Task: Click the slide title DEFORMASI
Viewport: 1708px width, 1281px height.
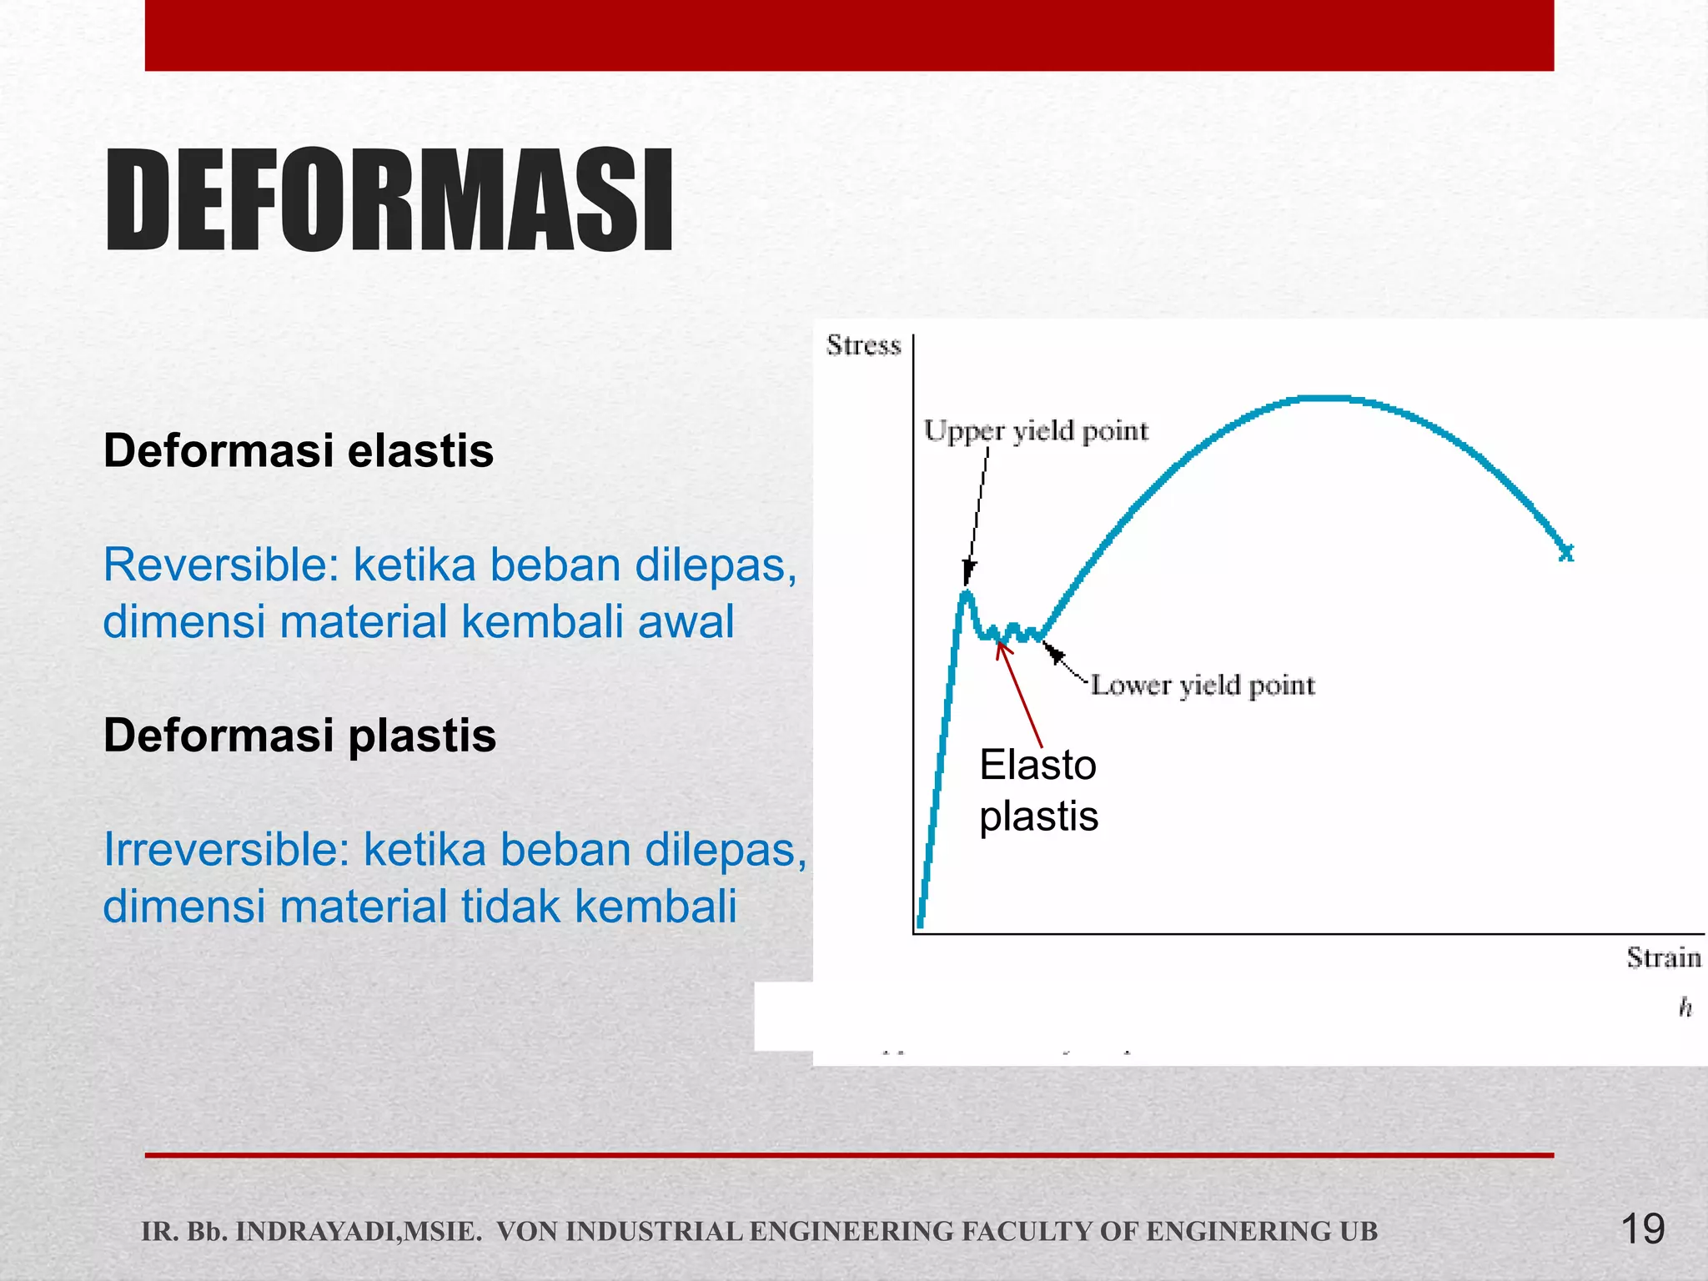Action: pos(389,200)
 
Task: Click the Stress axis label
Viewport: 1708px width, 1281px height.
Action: pos(863,345)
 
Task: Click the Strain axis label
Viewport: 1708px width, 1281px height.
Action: pos(1663,957)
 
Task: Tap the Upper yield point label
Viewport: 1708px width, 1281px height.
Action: pos(1036,431)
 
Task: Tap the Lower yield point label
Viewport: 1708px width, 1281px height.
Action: pos(1202,686)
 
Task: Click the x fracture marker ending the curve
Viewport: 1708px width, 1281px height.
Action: pos(1566,552)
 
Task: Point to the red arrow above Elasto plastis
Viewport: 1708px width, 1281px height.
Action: pos(1019,693)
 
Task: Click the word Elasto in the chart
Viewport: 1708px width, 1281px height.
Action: pos(1037,765)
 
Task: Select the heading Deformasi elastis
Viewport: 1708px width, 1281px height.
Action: pos(299,450)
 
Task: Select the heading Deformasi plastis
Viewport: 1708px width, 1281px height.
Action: pos(299,736)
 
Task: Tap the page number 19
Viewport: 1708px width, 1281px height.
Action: pos(1642,1228)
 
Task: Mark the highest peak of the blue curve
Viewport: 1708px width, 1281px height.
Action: pos(1326,399)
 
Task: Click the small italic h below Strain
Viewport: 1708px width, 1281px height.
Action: pos(1685,1008)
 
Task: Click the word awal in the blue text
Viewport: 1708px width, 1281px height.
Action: pos(686,622)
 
